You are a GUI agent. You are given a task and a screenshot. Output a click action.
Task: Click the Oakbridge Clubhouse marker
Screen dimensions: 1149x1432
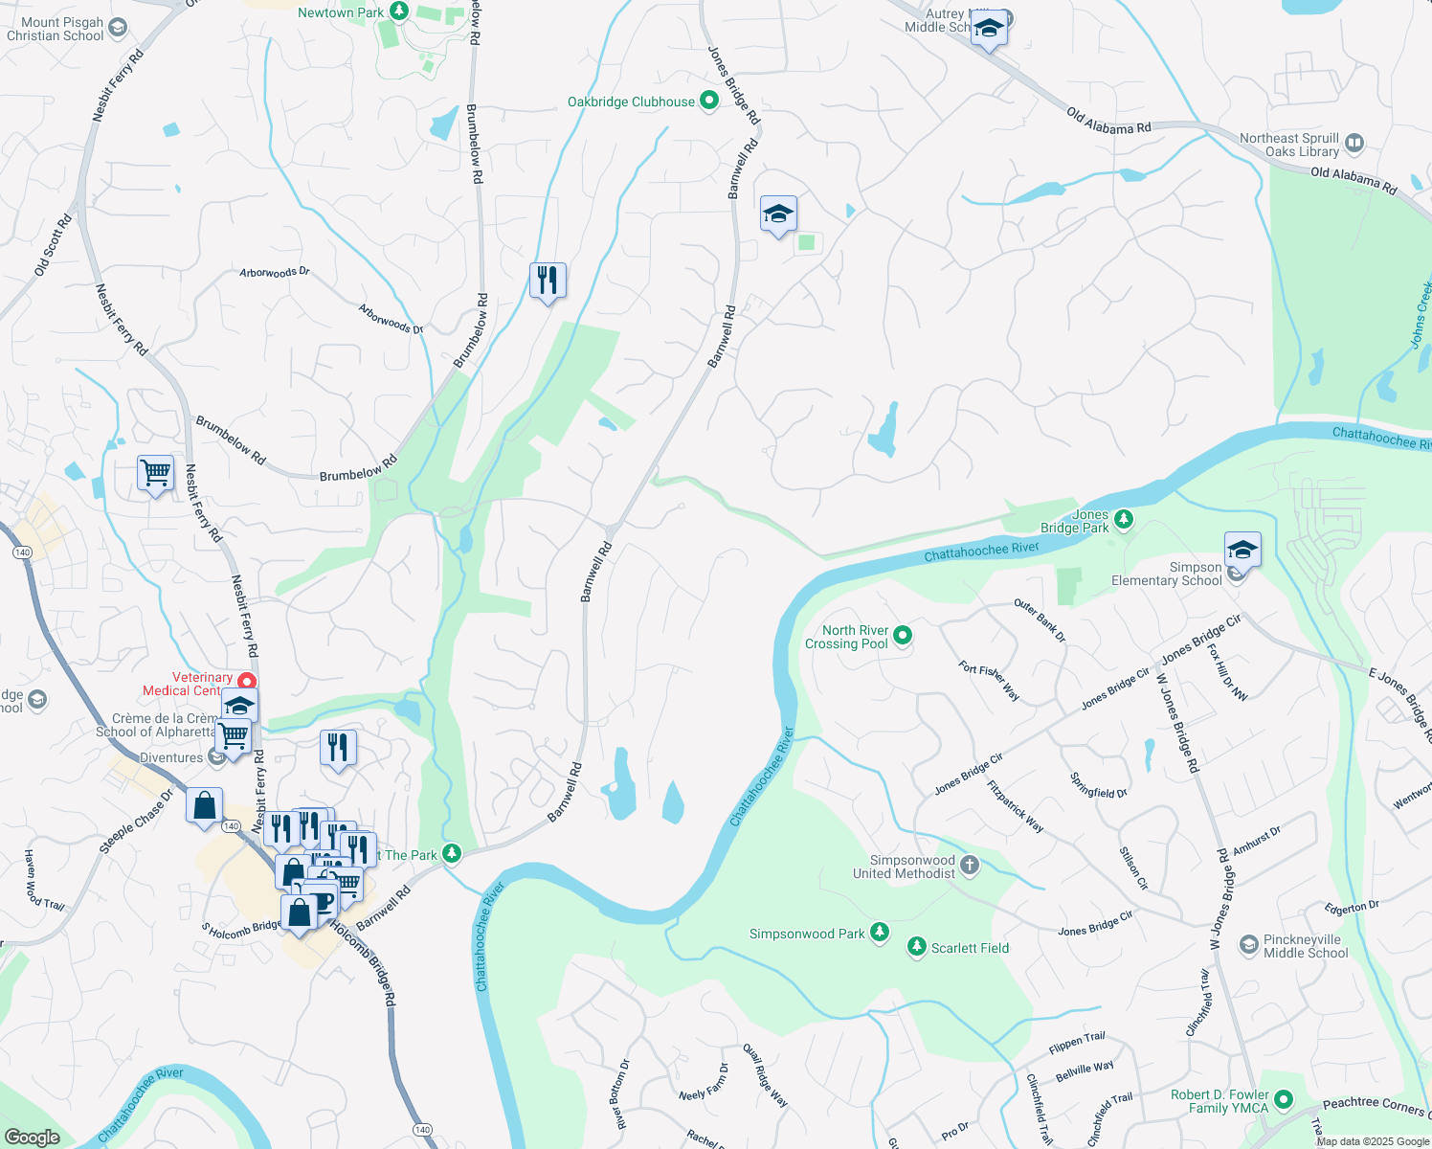[709, 101]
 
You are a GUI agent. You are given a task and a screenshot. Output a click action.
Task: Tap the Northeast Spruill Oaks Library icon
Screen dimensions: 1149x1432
[1354, 145]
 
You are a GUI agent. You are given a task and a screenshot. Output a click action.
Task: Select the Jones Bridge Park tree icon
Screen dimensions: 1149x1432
[1124, 520]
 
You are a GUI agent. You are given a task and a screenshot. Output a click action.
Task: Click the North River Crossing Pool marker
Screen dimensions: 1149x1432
[902, 635]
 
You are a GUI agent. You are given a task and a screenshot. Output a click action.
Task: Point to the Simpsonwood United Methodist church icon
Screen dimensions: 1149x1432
[969, 867]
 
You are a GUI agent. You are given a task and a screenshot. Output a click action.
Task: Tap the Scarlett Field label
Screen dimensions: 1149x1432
[970, 948]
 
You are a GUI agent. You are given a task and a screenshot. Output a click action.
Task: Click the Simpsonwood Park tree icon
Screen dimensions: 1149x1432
[879, 933]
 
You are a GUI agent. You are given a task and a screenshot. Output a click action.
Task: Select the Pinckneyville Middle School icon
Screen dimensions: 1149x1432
[1248, 946]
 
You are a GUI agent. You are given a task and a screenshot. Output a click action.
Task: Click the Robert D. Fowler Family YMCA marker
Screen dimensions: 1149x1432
[1284, 1100]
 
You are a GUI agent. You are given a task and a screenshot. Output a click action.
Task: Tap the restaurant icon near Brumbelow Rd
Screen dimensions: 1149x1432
[548, 281]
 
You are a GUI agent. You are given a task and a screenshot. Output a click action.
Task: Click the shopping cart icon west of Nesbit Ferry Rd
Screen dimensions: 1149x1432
[155, 472]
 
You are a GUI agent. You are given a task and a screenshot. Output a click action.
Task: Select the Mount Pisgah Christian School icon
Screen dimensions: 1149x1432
[117, 28]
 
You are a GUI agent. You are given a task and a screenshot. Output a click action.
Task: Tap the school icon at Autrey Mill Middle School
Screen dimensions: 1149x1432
[989, 29]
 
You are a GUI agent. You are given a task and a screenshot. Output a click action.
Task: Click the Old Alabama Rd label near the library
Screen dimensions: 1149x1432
[1353, 179]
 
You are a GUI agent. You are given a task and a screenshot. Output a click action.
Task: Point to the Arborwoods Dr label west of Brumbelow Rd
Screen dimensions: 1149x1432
[275, 273]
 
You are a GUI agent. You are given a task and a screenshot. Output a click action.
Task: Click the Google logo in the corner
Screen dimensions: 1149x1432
[33, 1138]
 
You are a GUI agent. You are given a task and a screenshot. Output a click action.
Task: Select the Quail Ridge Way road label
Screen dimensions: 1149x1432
[766, 1075]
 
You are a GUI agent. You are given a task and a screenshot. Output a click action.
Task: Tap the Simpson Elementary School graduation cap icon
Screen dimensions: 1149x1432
[1242, 550]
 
